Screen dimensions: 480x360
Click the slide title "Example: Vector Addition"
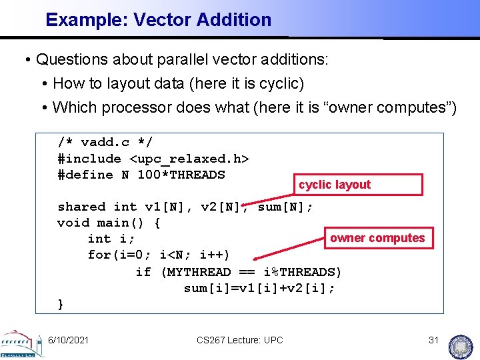(x=158, y=20)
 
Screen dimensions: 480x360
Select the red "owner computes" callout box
(x=377, y=238)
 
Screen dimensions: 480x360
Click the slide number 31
(x=433, y=340)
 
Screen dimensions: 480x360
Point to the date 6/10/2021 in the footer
(x=68, y=340)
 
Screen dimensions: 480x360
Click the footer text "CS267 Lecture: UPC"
(x=240, y=340)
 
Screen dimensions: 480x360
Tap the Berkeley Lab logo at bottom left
(x=21, y=343)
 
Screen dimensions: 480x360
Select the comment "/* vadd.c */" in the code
(x=105, y=142)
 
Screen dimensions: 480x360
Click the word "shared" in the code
(x=81, y=207)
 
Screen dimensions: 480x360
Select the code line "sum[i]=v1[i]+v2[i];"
(x=259, y=288)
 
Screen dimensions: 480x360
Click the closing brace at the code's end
(x=61, y=304)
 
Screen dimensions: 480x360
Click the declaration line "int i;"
(x=111, y=239)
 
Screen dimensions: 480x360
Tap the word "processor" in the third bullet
(x=131, y=107)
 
